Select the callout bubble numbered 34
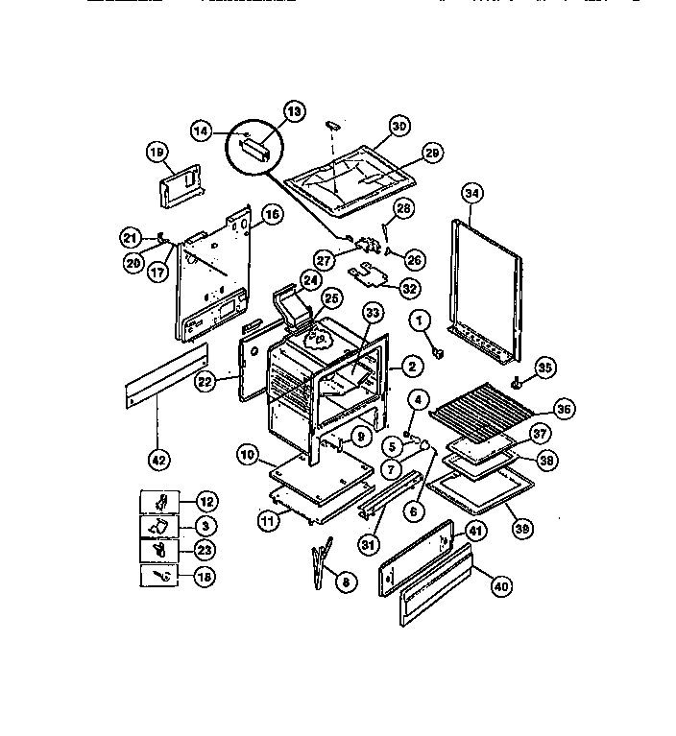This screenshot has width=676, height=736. [471, 191]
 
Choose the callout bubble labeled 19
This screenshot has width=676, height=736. [157, 152]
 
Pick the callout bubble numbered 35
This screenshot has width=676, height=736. [545, 367]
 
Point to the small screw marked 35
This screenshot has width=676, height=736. [519, 382]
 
